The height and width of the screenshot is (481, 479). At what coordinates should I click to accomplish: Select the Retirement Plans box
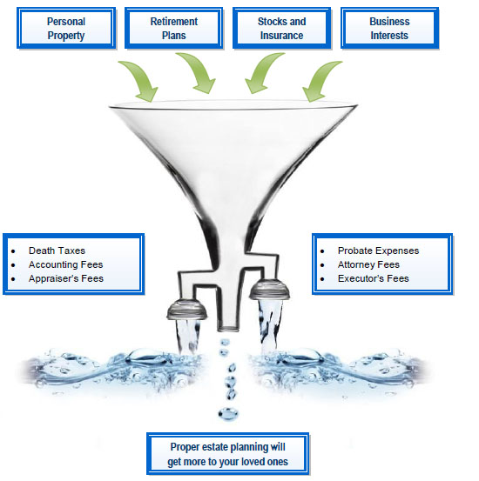(174, 28)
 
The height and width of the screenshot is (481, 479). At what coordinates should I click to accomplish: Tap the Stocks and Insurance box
(281, 28)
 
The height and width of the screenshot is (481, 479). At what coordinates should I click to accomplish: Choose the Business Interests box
(389, 28)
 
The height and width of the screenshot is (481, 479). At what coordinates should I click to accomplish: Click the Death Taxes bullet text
(57, 251)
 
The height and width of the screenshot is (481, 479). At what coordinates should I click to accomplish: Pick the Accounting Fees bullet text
(65, 264)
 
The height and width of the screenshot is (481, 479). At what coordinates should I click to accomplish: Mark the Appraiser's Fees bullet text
(66, 278)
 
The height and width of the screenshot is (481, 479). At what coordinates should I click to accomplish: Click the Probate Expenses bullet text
(378, 251)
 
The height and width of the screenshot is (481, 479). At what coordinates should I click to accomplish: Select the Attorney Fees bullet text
(369, 264)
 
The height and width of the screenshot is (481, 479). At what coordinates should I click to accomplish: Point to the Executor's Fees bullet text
(373, 278)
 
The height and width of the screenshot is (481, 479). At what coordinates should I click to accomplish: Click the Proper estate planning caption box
(229, 454)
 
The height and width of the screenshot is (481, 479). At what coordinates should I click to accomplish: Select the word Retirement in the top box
(174, 21)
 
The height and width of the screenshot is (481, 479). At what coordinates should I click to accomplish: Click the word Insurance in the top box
(282, 36)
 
